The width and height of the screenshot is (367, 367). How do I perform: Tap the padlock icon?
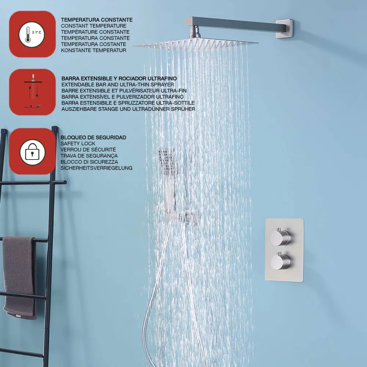(32, 152)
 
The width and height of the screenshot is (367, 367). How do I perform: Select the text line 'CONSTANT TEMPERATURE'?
(93, 26)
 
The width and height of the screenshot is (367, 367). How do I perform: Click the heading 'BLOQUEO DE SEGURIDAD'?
(93, 137)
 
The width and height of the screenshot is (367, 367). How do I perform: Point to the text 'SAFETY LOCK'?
(78, 143)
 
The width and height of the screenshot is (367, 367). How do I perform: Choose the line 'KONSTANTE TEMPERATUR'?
(93, 50)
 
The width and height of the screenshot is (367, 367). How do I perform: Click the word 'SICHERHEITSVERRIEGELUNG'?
(97, 168)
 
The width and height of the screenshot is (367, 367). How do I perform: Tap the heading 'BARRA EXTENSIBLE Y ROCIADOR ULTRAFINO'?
(119, 79)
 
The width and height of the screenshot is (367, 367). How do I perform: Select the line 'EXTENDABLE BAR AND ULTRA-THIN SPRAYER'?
(118, 84)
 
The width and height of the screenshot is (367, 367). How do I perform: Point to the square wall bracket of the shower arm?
(284, 29)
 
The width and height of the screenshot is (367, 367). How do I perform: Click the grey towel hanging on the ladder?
(20, 277)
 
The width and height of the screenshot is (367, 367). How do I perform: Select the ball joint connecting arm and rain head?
(194, 34)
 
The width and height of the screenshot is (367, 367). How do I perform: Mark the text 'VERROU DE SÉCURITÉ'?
(88, 150)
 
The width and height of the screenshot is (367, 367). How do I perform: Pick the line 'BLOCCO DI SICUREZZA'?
(89, 162)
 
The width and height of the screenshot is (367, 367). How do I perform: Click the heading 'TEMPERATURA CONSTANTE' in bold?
(97, 20)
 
